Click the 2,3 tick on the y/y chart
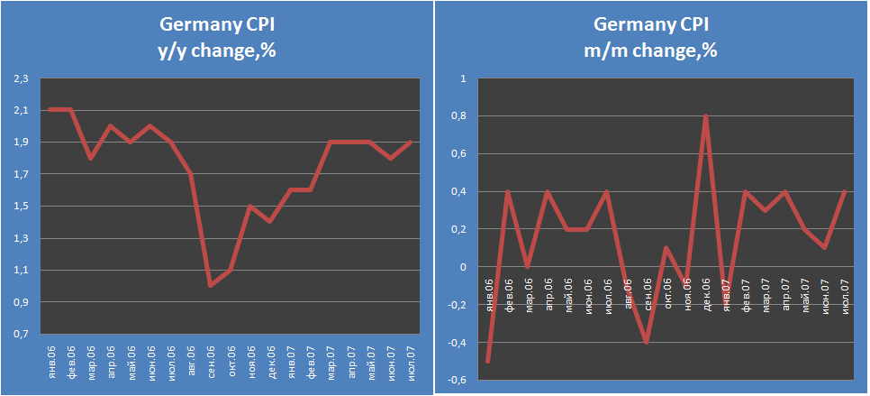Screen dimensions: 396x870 click(20, 78)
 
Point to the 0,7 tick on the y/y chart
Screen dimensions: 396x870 click(20, 334)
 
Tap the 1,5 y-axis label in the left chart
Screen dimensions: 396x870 click(20, 206)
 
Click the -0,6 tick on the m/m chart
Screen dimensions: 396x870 click(458, 380)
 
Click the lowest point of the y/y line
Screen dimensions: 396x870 click(211, 286)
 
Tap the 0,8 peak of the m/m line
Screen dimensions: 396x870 click(705, 115)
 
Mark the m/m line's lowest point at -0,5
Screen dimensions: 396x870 click(489, 361)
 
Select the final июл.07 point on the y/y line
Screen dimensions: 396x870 click(411, 142)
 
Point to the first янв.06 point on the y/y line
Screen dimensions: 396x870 click(50, 110)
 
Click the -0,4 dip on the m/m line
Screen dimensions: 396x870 click(647, 342)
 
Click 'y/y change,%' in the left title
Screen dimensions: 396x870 click(216, 51)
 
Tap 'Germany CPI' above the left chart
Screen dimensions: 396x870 click(216, 25)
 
